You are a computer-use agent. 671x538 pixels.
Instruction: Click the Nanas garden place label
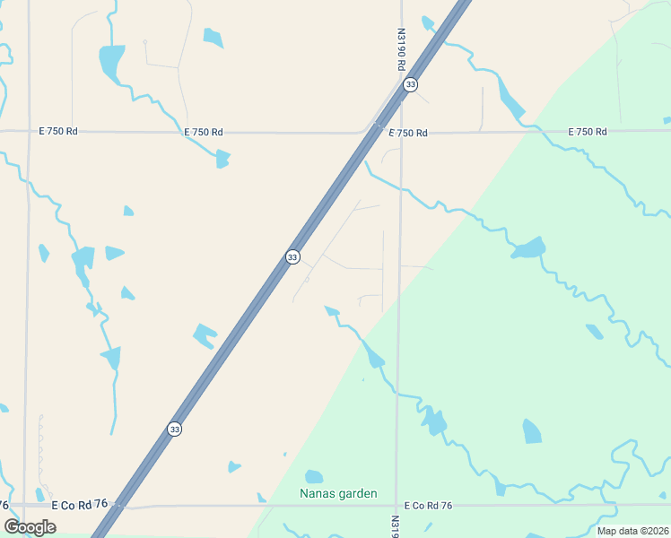[337, 494]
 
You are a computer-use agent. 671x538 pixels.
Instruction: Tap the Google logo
[30, 526]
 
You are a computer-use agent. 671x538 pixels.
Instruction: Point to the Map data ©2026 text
[633, 531]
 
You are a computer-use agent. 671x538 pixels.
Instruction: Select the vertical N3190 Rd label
[402, 48]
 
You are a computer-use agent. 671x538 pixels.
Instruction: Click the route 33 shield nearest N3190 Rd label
[410, 84]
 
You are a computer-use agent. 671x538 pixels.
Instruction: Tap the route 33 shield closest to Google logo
[174, 430]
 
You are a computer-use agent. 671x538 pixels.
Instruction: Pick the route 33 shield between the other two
[292, 257]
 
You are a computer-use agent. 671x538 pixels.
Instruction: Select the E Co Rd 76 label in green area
[428, 506]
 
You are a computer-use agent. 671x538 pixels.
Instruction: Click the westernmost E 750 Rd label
[58, 131]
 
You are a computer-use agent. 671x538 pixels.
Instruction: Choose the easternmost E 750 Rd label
[588, 132]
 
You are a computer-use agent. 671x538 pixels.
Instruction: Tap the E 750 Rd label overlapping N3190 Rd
[408, 133]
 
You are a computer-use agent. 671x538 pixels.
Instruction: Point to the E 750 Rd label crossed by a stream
[204, 133]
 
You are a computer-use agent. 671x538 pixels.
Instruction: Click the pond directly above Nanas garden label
[313, 476]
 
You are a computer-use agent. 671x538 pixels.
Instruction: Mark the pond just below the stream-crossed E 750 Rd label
[222, 159]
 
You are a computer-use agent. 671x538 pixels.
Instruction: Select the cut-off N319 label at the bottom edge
[396, 520]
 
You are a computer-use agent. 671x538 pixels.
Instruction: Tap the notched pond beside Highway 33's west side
[205, 335]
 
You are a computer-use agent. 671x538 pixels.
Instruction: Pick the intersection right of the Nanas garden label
[396, 506]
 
